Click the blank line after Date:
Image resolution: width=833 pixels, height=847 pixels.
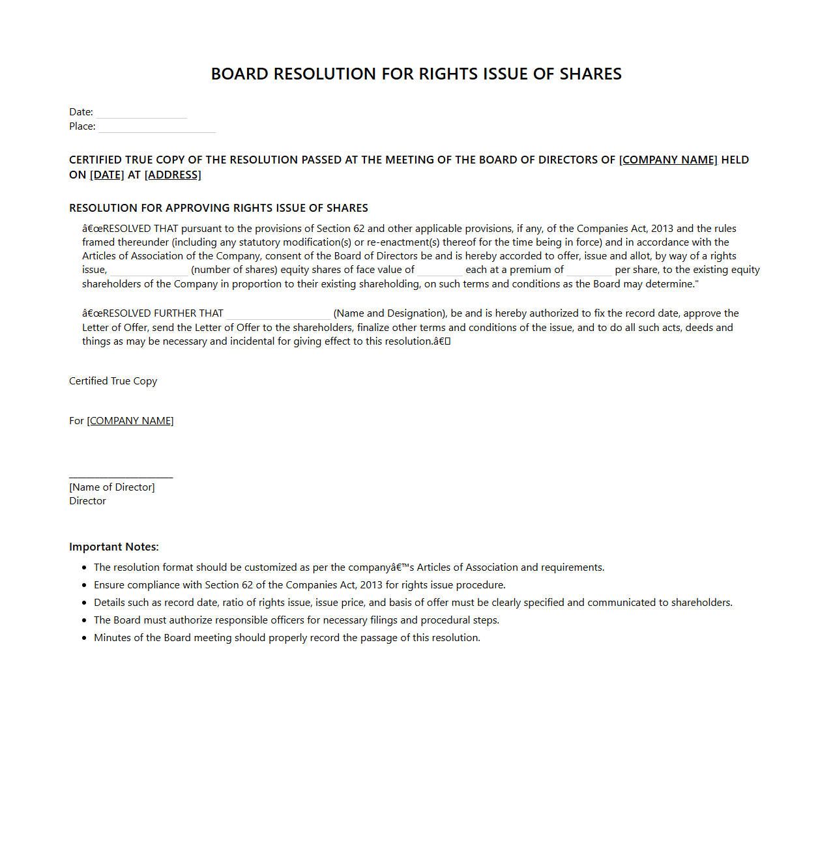pos(141,114)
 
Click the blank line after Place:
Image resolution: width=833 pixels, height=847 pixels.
pos(157,128)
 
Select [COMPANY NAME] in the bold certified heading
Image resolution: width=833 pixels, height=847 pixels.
pos(668,160)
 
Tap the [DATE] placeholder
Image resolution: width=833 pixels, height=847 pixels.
pos(107,175)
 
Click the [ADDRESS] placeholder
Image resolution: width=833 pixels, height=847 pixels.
pos(173,175)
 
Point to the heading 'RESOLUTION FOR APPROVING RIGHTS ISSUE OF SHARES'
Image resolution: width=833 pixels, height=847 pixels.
pos(218,208)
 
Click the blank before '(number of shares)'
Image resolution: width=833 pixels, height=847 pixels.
pos(149,272)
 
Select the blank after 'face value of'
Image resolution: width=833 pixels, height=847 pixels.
pos(440,272)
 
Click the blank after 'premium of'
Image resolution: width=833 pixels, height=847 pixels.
pos(589,272)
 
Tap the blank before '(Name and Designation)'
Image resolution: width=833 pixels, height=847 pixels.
pos(278,315)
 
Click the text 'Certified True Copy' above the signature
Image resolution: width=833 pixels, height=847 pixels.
pos(113,381)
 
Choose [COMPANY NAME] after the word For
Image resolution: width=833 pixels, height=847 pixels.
pos(130,421)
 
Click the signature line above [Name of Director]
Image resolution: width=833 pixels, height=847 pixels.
pos(121,477)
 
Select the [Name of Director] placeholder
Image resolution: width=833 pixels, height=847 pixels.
pos(112,487)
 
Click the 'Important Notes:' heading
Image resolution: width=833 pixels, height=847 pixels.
pos(114,547)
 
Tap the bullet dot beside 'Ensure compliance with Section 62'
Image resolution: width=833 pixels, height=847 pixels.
pos(84,586)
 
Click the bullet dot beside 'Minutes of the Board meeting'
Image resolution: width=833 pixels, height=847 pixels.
pos(84,639)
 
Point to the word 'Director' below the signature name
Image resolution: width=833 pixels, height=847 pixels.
pos(87,501)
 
